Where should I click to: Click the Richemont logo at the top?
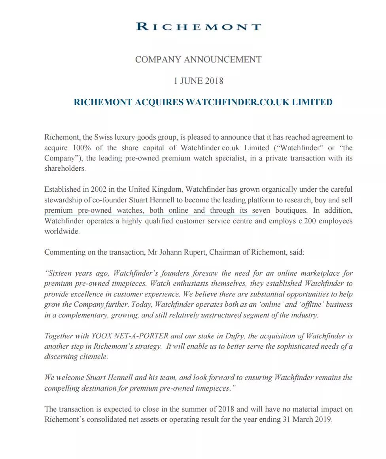pyautogui.click(x=198, y=27)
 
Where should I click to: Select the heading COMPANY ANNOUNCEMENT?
pyautogui.click(x=198, y=60)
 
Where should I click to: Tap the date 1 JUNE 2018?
pyautogui.click(x=198, y=81)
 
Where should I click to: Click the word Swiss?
pyautogui.click(x=104, y=138)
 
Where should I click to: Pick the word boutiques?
pyautogui.click(x=288, y=210)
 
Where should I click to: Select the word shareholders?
pyautogui.click(x=64, y=168)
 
